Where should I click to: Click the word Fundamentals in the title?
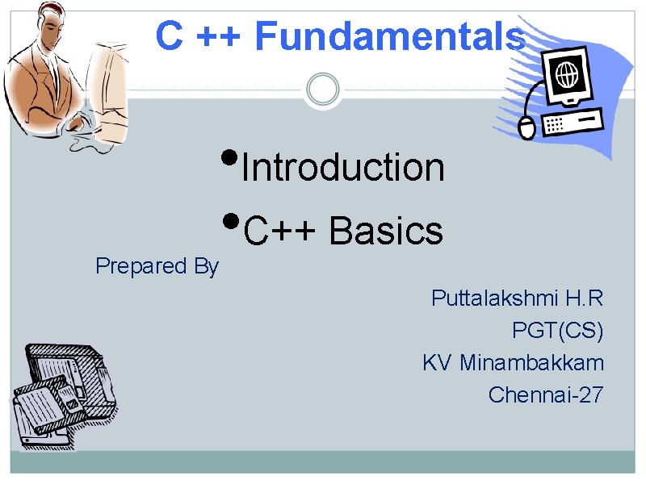point(390,36)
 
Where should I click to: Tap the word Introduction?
point(343,168)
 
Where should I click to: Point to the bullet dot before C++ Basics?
point(229,219)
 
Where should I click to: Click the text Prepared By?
point(157,266)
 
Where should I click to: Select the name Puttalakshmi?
point(494,298)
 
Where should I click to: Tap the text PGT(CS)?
point(557,331)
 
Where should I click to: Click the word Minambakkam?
point(531,363)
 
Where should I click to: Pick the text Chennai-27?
point(545,395)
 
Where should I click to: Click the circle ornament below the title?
point(323,89)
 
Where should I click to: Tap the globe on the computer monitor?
point(568,77)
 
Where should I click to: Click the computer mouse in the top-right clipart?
point(526,127)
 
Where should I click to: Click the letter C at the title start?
point(169,36)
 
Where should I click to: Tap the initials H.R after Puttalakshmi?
point(583,298)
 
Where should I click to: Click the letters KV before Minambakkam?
point(437,363)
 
